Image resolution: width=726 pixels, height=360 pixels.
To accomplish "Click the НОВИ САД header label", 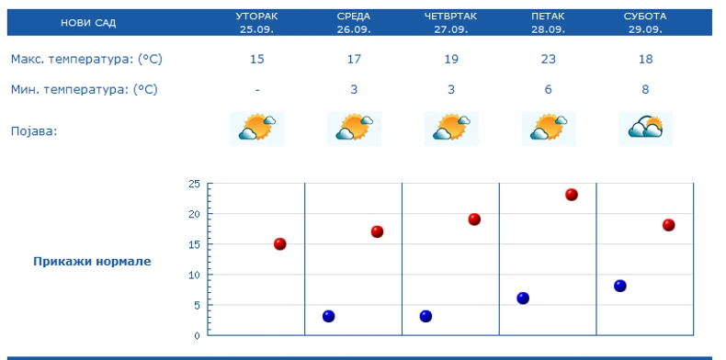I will (88, 22).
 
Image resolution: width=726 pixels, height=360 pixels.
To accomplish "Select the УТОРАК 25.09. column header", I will (256, 22).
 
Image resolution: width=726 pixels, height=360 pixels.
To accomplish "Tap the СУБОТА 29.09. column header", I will (647, 22).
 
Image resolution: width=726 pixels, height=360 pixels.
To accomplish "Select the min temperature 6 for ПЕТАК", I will (549, 90).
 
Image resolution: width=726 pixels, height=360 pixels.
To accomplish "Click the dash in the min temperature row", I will (257, 90).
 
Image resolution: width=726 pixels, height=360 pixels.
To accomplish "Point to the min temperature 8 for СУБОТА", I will (647, 90).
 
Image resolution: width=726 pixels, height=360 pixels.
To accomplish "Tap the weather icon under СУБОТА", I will (646, 129).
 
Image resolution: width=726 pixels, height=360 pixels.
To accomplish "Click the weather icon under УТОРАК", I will (257, 129).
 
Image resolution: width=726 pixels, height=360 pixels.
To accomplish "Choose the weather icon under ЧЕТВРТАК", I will (451, 129).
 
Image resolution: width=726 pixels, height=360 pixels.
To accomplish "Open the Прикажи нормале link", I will (92, 261).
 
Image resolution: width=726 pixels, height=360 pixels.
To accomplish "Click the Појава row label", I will (34, 130).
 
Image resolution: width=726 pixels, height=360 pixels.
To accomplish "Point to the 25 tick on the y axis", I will (193, 184).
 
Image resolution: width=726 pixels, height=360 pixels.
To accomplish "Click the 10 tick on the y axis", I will (193, 275).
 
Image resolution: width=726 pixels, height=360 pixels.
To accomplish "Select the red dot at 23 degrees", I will (572, 195).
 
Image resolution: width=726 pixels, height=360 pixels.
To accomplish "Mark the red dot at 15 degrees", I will (280, 243).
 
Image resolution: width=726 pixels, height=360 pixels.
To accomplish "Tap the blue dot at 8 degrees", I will (620, 286).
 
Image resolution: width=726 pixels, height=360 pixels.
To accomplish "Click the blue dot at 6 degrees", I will (523, 298).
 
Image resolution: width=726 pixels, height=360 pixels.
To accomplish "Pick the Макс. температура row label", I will (86, 60).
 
